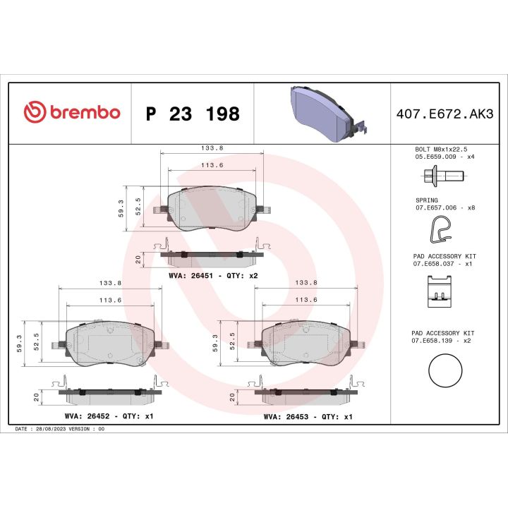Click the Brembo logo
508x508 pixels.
coord(72,113)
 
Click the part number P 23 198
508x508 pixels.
coord(192,114)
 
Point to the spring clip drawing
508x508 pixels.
coord(441,228)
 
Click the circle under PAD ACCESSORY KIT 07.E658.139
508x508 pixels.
coord(445,370)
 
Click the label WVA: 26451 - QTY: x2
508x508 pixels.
coord(214,275)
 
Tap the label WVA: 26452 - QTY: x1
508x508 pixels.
coord(109,416)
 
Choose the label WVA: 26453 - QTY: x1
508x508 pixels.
coord(308,416)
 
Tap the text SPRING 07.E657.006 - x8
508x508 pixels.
coord(445,204)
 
